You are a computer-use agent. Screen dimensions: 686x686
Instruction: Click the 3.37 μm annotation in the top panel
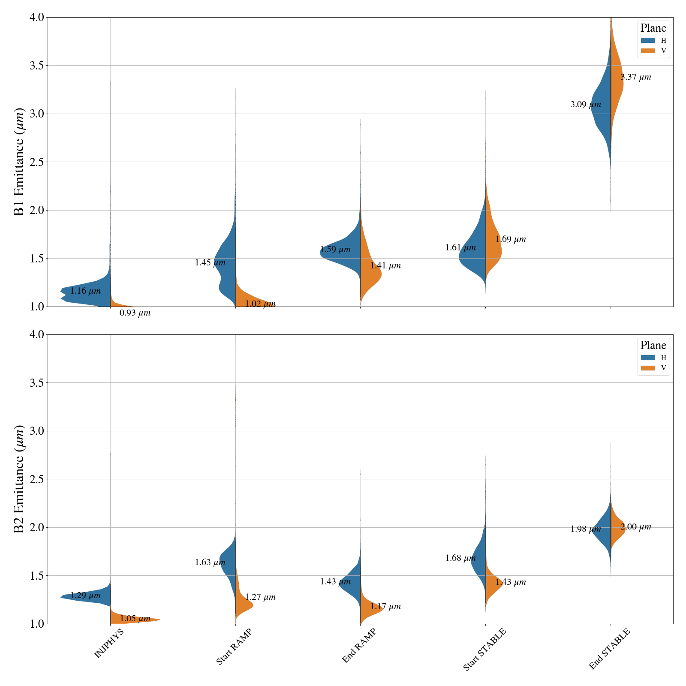[x=635, y=78]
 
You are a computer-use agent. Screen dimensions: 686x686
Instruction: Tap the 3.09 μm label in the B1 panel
[x=586, y=105]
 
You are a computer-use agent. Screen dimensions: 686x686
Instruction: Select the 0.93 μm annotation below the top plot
[x=135, y=313]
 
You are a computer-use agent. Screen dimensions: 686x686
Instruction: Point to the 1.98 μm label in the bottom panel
[x=586, y=529]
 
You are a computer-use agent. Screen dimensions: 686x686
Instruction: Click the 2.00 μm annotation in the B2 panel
[x=635, y=527]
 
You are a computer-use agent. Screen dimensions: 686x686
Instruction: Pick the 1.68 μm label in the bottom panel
[x=460, y=558]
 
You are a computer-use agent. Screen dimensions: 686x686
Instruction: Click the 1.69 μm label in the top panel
[x=511, y=239]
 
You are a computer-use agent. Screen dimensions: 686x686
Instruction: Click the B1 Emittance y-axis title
[x=19, y=162]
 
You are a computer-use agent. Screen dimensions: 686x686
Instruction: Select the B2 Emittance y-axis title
[x=19, y=479]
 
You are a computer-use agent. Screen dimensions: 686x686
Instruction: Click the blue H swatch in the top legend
[x=648, y=40]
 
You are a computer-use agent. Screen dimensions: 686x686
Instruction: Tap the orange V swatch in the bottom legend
[x=648, y=368]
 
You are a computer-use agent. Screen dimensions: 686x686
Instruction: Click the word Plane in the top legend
[x=653, y=28]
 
